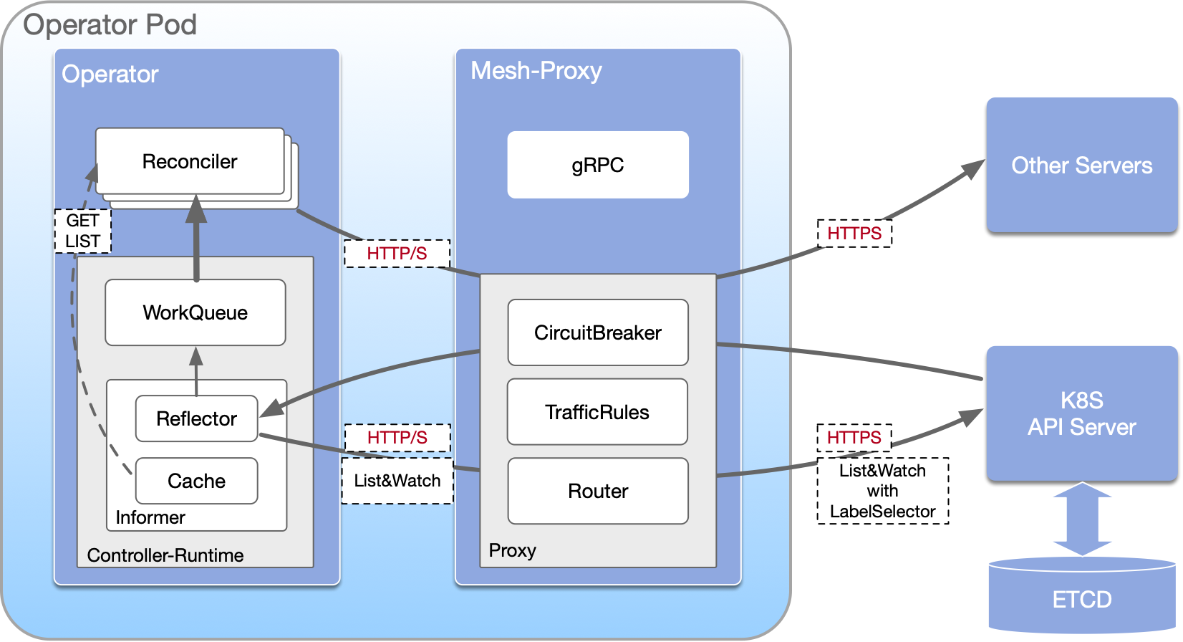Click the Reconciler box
pos(190,162)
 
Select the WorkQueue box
pos(195,312)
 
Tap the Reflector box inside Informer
pos(196,418)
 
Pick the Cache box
pos(196,481)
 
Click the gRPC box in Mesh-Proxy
pos(598,165)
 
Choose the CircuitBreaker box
pos(598,332)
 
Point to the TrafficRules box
pos(597,412)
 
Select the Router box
pos(598,491)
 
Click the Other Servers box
pos(1081,165)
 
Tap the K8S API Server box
pos(1081,413)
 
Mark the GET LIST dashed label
pos(83,231)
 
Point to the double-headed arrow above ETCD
pos(1082,519)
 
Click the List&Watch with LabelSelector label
pos(882,491)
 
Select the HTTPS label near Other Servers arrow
pos(854,234)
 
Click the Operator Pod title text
pos(110,24)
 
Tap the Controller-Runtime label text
pos(165,555)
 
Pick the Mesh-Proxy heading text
pos(536,71)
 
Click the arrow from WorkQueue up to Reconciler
pos(195,240)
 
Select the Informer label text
pos(150,517)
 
